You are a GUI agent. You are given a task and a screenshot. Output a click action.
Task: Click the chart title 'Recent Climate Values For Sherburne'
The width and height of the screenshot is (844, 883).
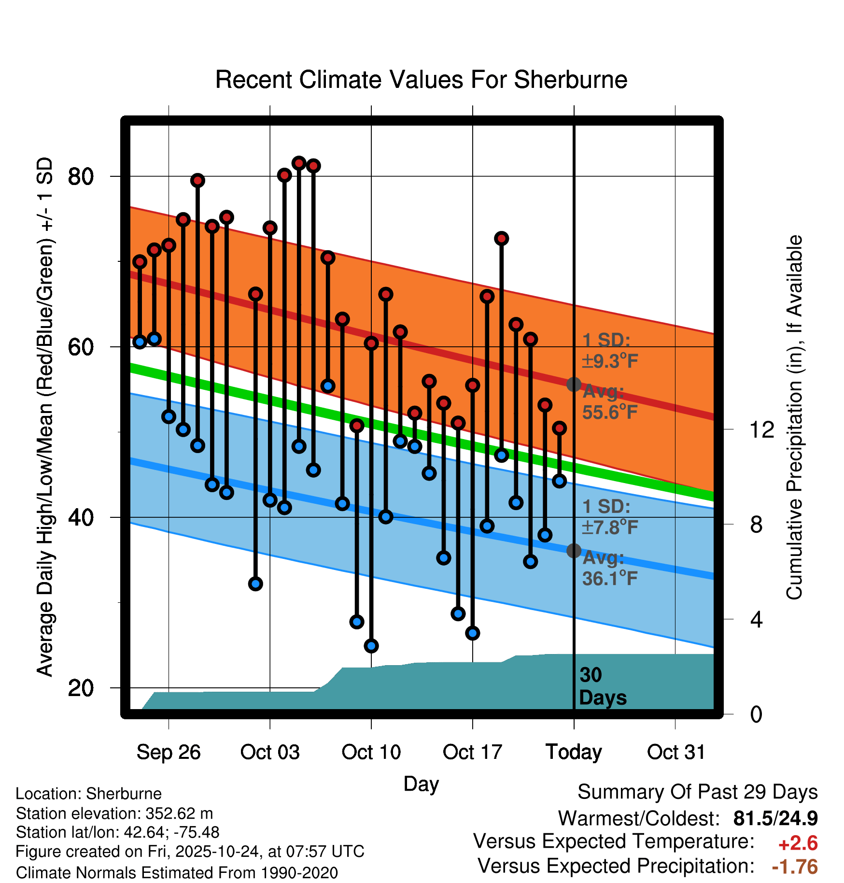pyautogui.click(x=421, y=80)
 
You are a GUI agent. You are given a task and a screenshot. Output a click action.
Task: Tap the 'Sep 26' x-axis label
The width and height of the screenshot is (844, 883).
pyautogui.click(x=169, y=752)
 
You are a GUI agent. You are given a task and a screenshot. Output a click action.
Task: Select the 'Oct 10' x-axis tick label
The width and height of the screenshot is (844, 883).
pyautogui.click(x=371, y=752)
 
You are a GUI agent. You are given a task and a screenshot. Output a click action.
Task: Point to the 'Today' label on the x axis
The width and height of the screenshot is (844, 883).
pyautogui.click(x=574, y=752)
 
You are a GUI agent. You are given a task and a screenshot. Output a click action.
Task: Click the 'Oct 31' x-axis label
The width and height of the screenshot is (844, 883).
pyautogui.click(x=676, y=752)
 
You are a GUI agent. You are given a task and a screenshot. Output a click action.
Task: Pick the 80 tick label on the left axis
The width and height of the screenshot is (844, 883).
pyautogui.click(x=81, y=177)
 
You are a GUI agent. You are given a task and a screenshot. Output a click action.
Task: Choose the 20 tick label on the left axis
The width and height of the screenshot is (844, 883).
pyautogui.click(x=81, y=688)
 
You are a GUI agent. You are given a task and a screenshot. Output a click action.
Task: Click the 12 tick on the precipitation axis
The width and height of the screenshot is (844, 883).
pyautogui.click(x=761, y=429)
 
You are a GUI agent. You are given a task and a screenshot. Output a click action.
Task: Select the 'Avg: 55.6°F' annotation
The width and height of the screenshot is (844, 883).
pyautogui.click(x=610, y=402)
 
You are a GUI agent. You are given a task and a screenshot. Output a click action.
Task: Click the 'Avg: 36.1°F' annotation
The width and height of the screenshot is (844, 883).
pyautogui.click(x=610, y=568)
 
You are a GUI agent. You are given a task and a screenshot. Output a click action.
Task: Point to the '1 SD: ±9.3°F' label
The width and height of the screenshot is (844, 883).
pyautogui.click(x=610, y=351)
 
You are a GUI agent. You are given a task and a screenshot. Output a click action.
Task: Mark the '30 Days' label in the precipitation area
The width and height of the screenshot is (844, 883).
pyautogui.click(x=603, y=686)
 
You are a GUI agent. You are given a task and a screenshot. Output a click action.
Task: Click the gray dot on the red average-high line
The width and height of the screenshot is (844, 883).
pyautogui.click(x=574, y=385)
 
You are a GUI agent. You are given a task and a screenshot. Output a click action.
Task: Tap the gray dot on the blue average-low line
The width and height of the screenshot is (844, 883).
pyautogui.click(x=574, y=551)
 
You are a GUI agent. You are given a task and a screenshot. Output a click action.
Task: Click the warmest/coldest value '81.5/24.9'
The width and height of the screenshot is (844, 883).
pyautogui.click(x=775, y=818)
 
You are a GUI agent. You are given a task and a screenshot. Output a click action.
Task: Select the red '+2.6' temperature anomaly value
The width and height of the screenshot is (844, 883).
pyautogui.click(x=798, y=843)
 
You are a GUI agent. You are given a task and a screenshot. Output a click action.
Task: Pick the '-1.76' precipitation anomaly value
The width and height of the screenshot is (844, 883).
pyautogui.click(x=795, y=867)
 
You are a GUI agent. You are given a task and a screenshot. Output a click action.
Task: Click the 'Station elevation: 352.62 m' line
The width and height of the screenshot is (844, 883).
pyautogui.click(x=114, y=813)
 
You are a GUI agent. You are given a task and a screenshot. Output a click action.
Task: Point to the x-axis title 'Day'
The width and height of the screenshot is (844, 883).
pyautogui.click(x=421, y=783)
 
